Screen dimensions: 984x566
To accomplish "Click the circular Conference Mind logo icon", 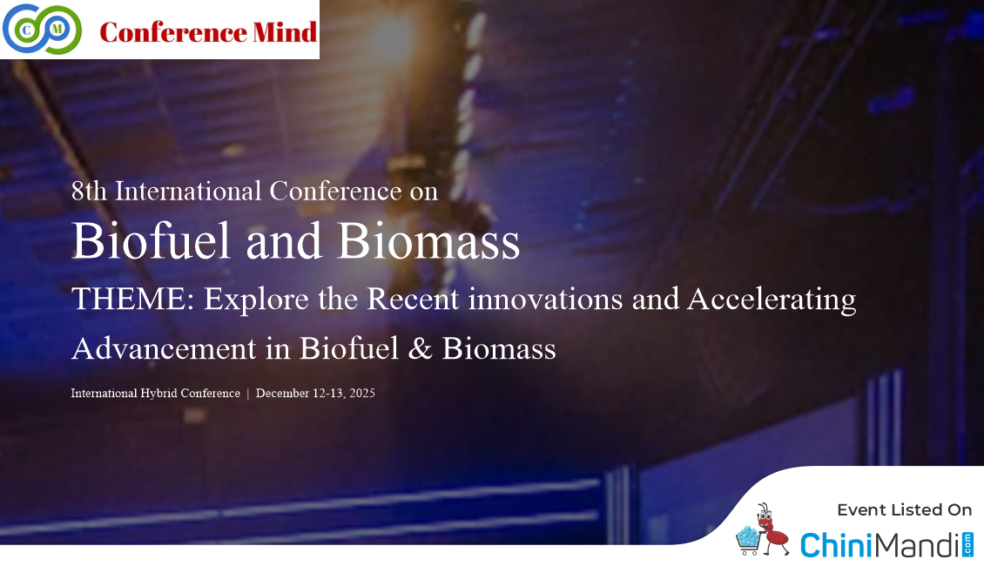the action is [x=42, y=29].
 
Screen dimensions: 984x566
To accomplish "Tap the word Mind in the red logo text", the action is [x=285, y=32].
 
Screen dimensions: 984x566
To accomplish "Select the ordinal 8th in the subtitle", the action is [x=89, y=191].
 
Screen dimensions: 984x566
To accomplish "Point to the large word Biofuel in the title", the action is [x=152, y=240].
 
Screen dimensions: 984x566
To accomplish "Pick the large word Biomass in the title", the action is [x=428, y=240].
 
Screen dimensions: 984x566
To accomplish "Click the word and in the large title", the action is [x=284, y=241].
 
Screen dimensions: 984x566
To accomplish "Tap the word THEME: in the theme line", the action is [x=133, y=299].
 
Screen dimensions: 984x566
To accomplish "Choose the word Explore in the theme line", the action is [x=257, y=300].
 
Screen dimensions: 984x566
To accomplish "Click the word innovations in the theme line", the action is [x=545, y=299].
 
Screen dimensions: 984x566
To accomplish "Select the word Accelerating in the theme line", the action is [x=772, y=300].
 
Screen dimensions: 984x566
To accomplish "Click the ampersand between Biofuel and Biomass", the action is [x=420, y=349].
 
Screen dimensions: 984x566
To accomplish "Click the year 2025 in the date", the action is [x=362, y=394].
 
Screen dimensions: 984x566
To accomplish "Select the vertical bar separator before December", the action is [x=248, y=394].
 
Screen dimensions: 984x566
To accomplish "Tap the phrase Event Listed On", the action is [x=904, y=510].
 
